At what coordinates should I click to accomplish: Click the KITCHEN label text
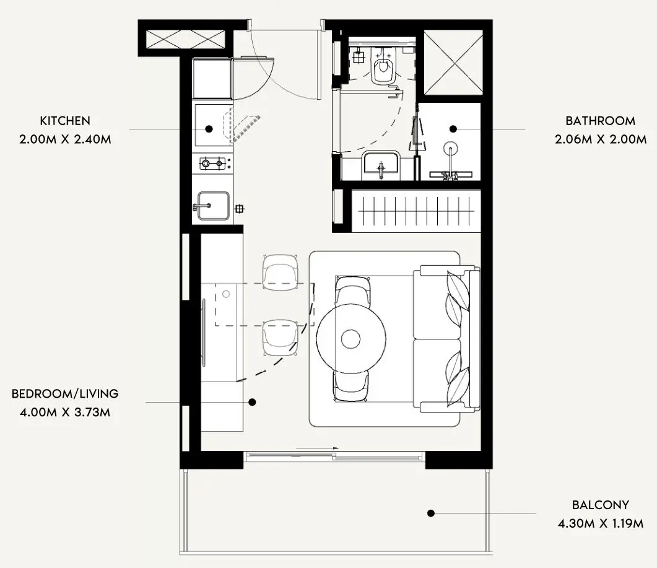(65, 121)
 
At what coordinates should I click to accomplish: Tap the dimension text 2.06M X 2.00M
(601, 139)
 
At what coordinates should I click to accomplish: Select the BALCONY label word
(601, 505)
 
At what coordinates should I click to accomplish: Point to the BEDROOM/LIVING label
(65, 393)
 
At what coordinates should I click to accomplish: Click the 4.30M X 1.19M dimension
(601, 523)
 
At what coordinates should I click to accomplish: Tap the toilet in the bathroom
(382, 65)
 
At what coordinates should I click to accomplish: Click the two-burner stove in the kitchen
(212, 163)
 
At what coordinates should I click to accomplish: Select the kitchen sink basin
(213, 206)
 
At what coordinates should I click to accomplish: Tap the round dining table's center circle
(350, 339)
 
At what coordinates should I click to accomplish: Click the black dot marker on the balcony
(431, 513)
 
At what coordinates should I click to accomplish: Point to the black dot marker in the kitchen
(209, 129)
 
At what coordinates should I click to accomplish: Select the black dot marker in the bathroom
(453, 129)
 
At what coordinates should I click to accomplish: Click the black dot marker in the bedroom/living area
(252, 402)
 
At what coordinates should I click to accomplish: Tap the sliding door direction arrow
(317, 448)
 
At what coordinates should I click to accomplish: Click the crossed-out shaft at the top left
(185, 40)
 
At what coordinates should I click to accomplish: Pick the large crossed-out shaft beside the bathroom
(453, 63)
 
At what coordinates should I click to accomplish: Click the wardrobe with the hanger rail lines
(416, 211)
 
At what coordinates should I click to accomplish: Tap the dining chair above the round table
(353, 292)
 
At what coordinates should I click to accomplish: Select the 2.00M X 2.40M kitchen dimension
(65, 139)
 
